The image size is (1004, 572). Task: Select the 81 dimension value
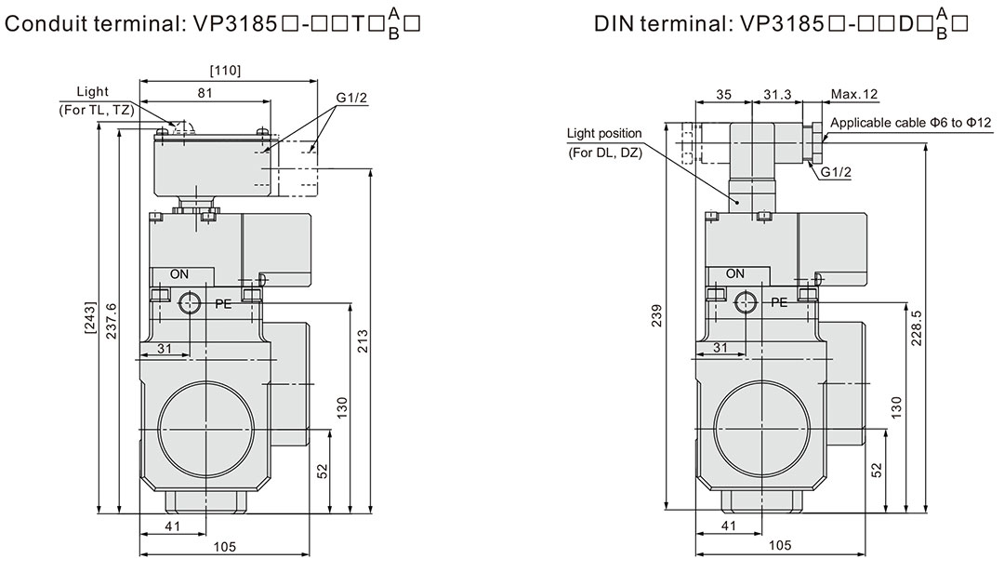tap(205, 92)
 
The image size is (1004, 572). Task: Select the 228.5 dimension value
tap(918, 327)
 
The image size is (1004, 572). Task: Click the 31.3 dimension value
tap(777, 94)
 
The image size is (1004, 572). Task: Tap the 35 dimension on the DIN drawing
tap(725, 94)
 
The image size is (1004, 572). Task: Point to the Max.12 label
tap(854, 94)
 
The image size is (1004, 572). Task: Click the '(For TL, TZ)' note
tap(93, 112)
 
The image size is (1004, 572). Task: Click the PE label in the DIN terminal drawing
tap(779, 302)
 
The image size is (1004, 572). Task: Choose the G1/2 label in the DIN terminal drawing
tap(836, 171)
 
